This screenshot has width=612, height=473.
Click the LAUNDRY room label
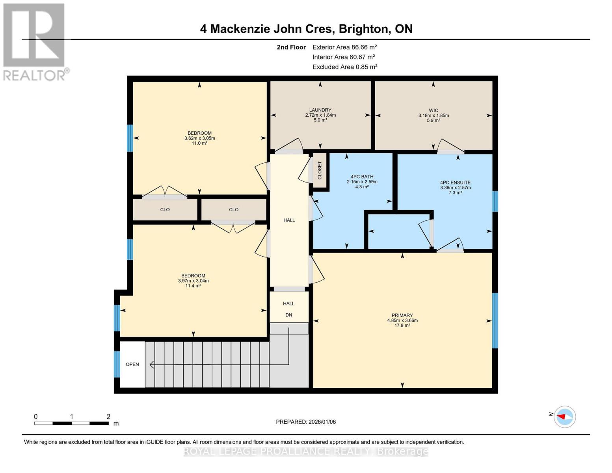pyautogui.click(x=320, y=110)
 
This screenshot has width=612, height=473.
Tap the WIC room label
pyautogui.click(x=433, y=111)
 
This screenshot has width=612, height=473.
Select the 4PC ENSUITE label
pyautogui.click(x=455, y=183)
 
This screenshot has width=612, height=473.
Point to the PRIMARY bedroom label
pyautogui.click(x=402, y=315)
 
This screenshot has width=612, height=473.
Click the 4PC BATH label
pyautogui.click(x=362, y=177)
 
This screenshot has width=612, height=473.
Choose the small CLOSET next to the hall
pyautogui.click(x=320, y=170)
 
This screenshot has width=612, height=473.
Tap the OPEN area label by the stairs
pyautogui.click(x=132, y=364)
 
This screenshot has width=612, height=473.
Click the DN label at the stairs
pyautogui.click(x=289, y=315)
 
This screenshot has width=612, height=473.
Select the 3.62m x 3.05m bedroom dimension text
pyautogui.click(x=199, y=138)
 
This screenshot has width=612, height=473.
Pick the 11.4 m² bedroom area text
pyautogui.click(x=193, y=286)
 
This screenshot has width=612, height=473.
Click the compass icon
pyautogui.click(x=565, y=417)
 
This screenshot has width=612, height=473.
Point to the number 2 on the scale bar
pyautogui.click(x=108, y=417)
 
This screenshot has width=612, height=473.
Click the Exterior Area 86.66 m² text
pyautogui.click(x=345, y=47)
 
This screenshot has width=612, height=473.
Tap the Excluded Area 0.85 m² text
pyautogui.click(x=345, y=67)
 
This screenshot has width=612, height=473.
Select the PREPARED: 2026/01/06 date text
pyautogui.click(x=306, y=422)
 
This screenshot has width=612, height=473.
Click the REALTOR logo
pyautogui.click(x=34, y=41)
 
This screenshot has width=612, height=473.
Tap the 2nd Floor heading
pyautogui.click(x=291, y=47)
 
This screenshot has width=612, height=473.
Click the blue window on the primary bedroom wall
pyautogui.click(x=495, y=320)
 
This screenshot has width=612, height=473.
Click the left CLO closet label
pyautogui.click(x=165, y=210)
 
